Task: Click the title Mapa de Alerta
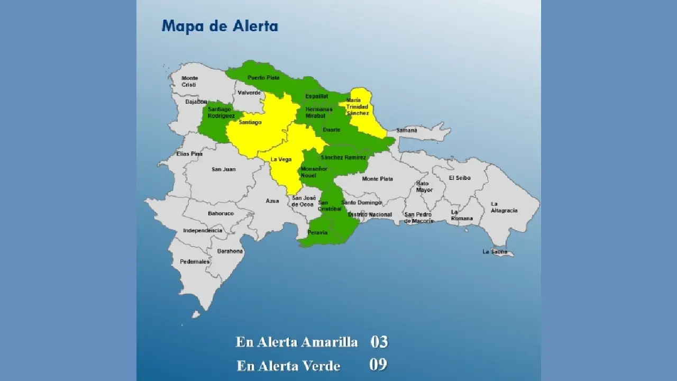pyautogui.click(x=219, y=26)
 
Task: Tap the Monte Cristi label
pyautogui.click(x=190, y=81)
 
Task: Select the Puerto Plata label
pyautogui.click(x=263, y=78)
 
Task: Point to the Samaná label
pyautogui.click(x=407, y=130)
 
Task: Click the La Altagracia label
pyautogui.click(x=504, y=207)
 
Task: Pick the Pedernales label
pyautogui.click(x=195, y=261)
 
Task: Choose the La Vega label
pyautogui.click(x=281, y=159)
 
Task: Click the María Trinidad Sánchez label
pyautogui.click(x=357, y=106)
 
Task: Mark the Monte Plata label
pyautogui.click(x=378, y=179)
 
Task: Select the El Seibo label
pyautogui.click(x=459, y=178)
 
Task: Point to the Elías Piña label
pyautogui.click(x=189, y=154)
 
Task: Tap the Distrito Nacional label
pyautogui.click(x=370, y=214)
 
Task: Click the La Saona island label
pyautogui.click(x=495, y=252)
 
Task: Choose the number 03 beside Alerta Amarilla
pyautogui.click(x=379, y=342)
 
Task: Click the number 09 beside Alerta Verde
pyautogui.click(x=378, y=365)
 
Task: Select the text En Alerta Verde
pyautogui.click(x=288, y=366)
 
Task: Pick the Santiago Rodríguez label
pyautogui.click(x=221, y=112)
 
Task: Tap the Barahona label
pyautogui.click(x=230, y=251)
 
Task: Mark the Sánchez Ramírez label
pyautogui.click(x=343, y=157)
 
